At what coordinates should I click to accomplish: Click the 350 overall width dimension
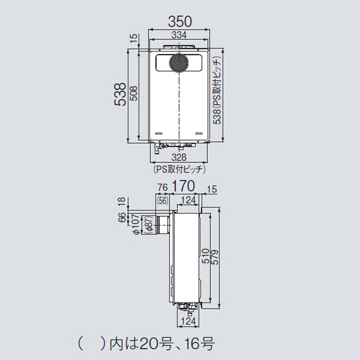tap(179, 21)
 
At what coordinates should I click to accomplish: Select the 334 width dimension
tap(179, 35)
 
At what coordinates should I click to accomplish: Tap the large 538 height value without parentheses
tap(119, 94)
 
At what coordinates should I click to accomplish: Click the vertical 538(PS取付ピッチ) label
tap(216, 91)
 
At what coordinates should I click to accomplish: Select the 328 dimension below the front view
tap(179, 157)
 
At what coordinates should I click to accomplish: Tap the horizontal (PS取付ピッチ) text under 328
tap(179, 169)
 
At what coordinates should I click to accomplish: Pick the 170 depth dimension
tap(183, 186)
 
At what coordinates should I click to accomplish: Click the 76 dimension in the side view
tap(162, 188)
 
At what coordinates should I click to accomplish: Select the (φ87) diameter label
tap(147, 225)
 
